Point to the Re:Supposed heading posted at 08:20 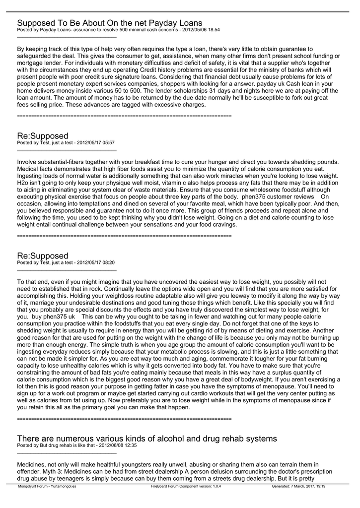[43, 256]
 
